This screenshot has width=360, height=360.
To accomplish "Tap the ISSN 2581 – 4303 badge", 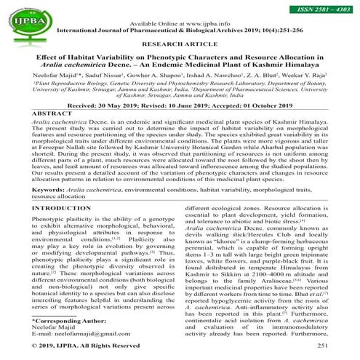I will click(321, 7).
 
